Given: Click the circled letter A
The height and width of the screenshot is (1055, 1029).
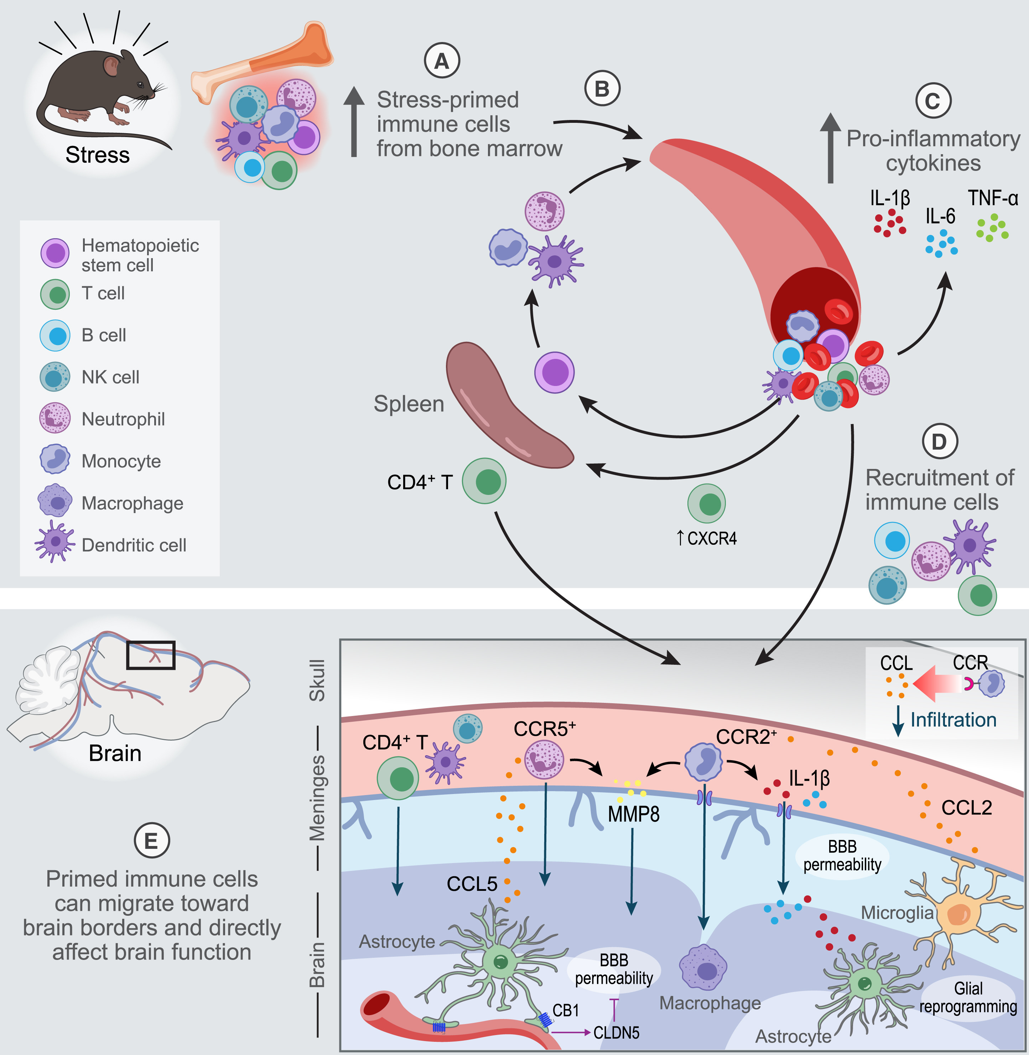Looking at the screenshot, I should [x=442, y=62].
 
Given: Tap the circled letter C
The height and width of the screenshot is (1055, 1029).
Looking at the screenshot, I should [x=933, y=101].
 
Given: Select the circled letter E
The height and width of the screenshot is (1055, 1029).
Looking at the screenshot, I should [x=152, y=841].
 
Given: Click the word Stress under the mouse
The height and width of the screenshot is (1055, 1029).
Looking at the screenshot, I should [x=98, y=155].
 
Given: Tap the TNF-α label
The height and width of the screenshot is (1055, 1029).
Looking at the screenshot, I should [x=993, y=198].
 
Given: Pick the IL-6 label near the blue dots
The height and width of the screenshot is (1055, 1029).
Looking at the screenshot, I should [x=940, y=216].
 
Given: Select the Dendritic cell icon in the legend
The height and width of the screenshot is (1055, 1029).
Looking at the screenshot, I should [x=54, y=542].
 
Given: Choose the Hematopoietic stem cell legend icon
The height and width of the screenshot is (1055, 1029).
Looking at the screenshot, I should [x=54, y=253].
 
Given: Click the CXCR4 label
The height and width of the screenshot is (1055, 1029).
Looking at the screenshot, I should [x=711, y=539].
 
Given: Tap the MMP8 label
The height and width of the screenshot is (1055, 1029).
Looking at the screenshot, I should [x=633, y=814].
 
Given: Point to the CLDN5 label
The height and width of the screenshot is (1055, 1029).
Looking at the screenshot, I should [x=616, y=1033].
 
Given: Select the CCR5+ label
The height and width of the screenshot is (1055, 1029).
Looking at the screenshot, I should [x=544, y=729].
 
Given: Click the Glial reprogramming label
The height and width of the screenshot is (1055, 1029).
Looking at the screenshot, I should [x=968, y=997].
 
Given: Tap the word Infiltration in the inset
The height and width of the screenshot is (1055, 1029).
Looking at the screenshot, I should [x=953, y=720].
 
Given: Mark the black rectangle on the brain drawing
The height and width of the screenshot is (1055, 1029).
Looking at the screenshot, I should [x=151, y=655].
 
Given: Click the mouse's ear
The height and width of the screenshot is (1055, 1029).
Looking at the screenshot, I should [x=111, y=67].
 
